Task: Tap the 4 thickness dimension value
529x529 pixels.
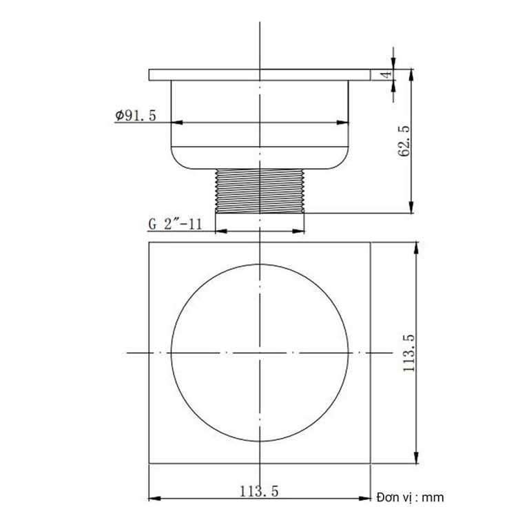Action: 387,74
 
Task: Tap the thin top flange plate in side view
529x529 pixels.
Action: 260,74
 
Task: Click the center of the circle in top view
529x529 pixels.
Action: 260,353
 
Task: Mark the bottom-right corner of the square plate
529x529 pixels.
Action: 371,464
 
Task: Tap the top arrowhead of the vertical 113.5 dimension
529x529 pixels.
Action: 415,245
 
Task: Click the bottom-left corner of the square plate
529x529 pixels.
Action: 149,464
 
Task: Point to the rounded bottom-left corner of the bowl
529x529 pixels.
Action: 176,162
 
